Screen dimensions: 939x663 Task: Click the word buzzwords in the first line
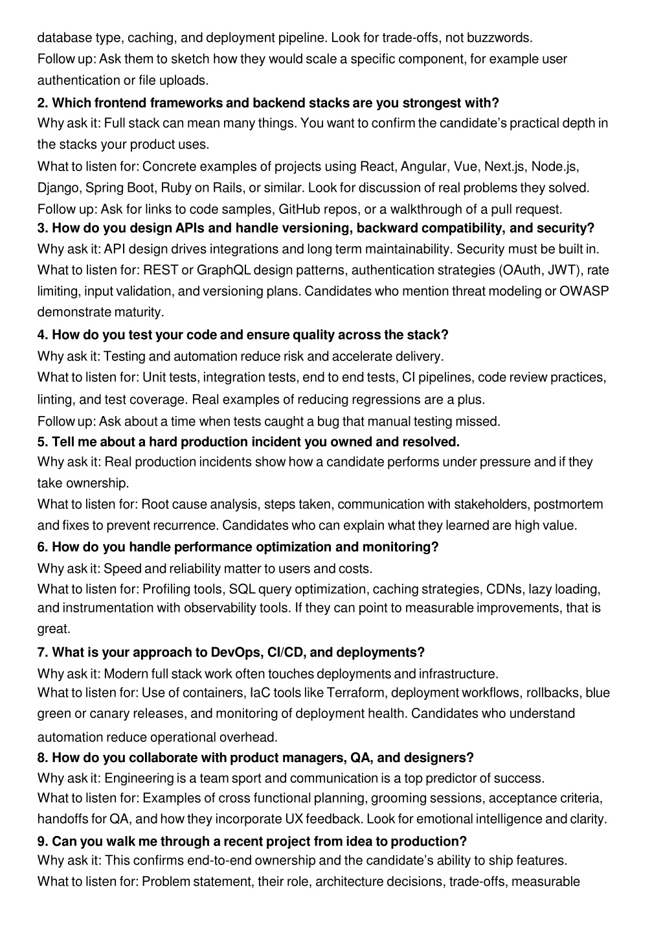pos(502,38)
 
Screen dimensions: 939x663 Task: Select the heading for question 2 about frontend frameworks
pos(268,102)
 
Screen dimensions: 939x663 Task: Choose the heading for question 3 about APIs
pos(315,227)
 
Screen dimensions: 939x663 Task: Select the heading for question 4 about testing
pos(243,334)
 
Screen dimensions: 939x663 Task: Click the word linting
pos(56,399)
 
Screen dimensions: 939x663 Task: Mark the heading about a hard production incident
pos(248,441)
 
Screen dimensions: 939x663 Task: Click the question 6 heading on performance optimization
pos(238,546)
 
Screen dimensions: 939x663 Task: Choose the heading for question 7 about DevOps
pos(230,651)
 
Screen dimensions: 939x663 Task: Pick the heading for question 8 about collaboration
pos(255,757)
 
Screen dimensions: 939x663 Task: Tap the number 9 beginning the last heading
pos(41,841)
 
